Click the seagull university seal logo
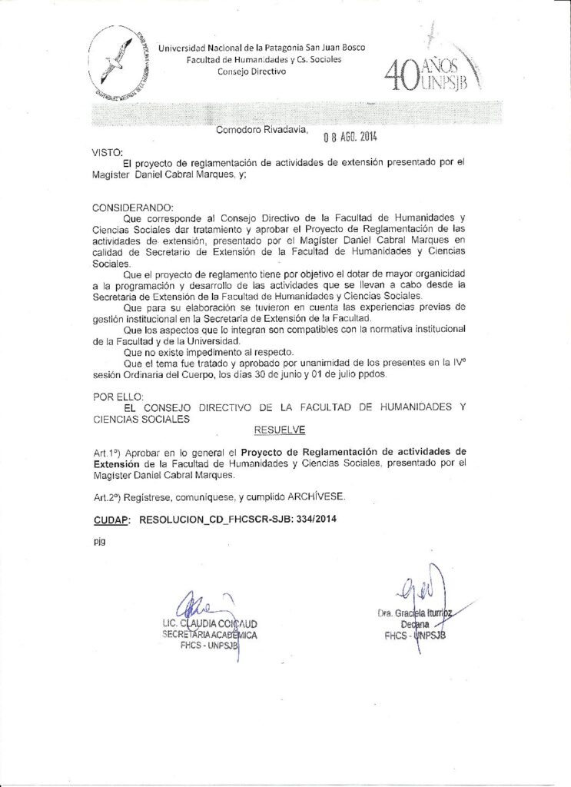pyautogui.click(x=122, y=62)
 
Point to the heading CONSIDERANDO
pyautogui.click(x=132, y=208)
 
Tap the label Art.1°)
pyautogui.click(x=105, y=453)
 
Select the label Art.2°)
pyautogui.click(x=105, y=498)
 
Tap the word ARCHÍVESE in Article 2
pyautogui.click(x=317, y=498)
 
